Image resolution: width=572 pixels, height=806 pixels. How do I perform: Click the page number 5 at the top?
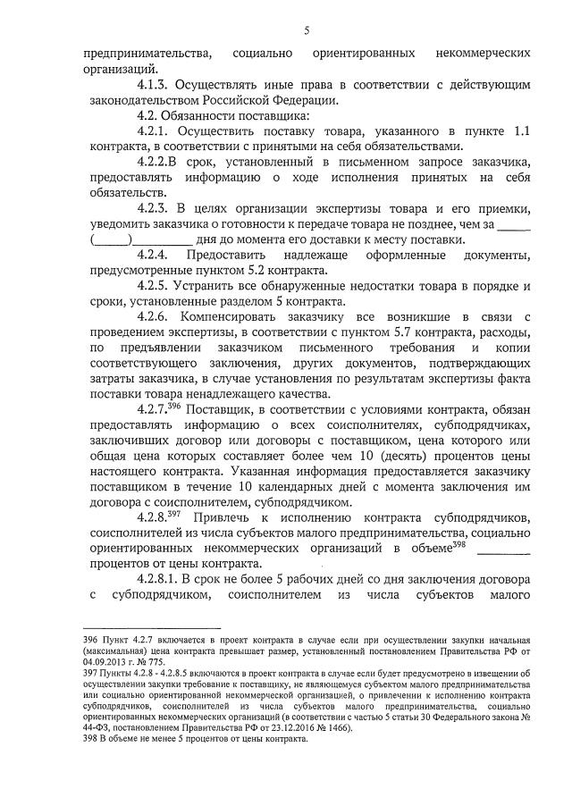coord(306,30)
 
